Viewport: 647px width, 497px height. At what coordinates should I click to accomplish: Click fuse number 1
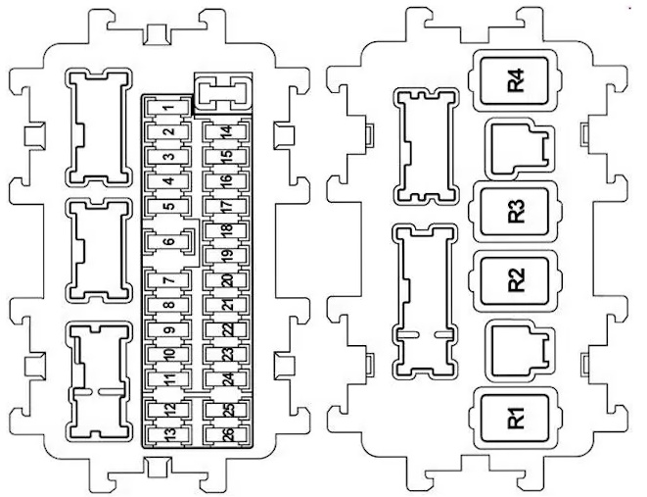[167, 108]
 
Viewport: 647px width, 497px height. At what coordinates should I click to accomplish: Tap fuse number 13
[169, 434]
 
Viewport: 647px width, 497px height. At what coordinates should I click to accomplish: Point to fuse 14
[226, 132]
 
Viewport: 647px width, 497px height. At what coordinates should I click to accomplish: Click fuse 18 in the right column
[227, 229]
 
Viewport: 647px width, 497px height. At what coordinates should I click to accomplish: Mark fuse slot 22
[227, 329]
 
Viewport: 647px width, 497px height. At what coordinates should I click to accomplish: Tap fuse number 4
[168, 181]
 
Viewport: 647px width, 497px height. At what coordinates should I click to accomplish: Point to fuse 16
[226, 181]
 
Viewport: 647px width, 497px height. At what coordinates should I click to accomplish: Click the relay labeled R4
[515, 80]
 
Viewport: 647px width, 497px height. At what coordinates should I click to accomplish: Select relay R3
[515, 212]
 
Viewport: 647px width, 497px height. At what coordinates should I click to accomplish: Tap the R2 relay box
[515, 281]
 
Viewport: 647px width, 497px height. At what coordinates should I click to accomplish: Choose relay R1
[515, 419]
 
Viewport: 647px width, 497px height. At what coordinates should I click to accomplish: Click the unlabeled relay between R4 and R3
[521, 149]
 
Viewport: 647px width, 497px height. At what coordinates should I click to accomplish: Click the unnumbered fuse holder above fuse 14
[223, 93]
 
